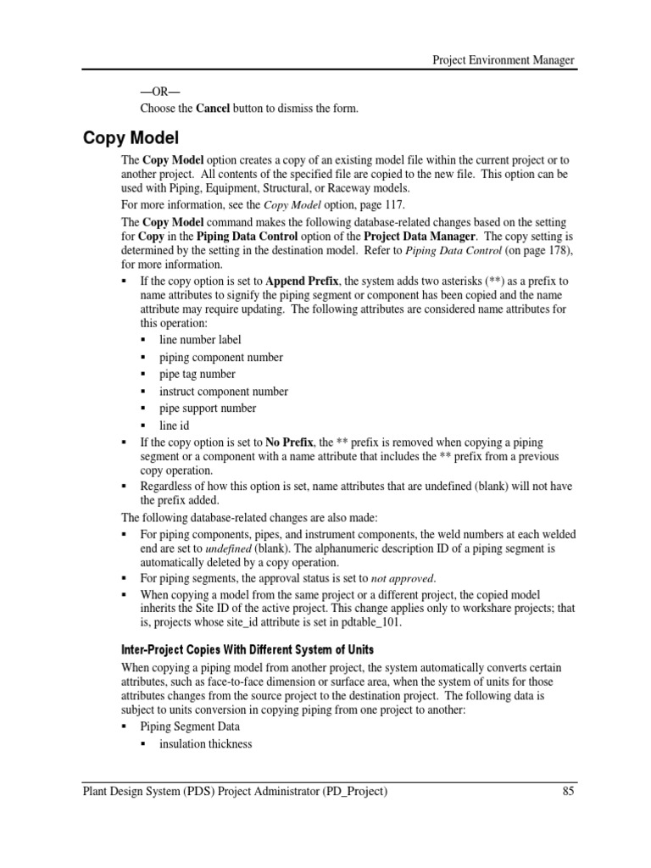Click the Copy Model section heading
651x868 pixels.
[x=131, y=137]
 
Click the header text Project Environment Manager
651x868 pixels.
[x=504, y=60]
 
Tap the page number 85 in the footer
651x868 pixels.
[x=568, y=792]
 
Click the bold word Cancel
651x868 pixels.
[x=213, y=108]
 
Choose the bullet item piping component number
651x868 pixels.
[x=221, y=358]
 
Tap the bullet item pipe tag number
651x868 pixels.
[x=198, y=374]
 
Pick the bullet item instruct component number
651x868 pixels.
[x=224, y=392]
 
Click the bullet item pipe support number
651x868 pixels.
[x=208, y=408]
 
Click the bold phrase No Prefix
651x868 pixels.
[x=288, y=442]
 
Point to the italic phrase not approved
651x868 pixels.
[x=405, y=578]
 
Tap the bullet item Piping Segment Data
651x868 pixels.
[x=190, y=726]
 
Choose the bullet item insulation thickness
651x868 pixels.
[x=206, y=743]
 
